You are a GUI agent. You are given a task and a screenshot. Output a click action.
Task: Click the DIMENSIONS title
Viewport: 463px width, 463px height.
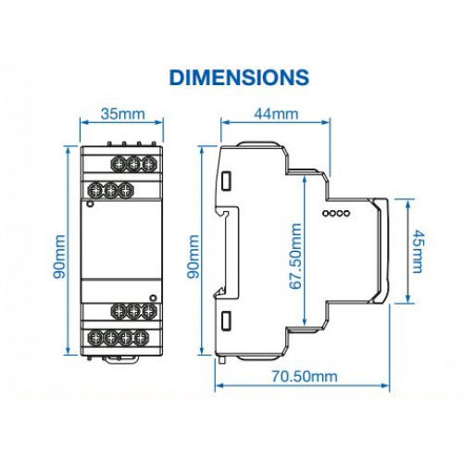[x=239, y=77]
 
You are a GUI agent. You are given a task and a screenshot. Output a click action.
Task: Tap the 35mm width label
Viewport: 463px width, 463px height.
[x=123, y=114]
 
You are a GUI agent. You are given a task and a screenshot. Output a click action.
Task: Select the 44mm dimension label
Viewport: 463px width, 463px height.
[x=276, y=114]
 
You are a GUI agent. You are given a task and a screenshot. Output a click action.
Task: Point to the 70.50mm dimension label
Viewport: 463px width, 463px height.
[x=305, y=377]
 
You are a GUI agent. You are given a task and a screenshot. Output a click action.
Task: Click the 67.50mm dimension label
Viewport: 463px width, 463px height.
[x=295, y=257]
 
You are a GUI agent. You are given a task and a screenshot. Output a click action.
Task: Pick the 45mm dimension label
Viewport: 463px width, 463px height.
[x=419, y=251]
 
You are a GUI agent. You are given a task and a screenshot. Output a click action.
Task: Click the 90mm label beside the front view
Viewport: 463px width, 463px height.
[x=59, y=257]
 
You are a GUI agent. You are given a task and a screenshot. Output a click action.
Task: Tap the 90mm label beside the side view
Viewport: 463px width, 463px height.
[x=194, y=257]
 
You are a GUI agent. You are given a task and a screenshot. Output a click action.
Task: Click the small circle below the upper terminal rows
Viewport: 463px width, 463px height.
[x=90, y=204]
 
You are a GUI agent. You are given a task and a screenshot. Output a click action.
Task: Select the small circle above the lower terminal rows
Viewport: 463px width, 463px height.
[x=153, y=298]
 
